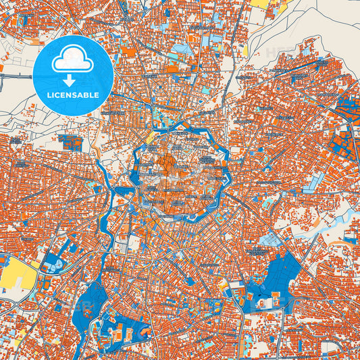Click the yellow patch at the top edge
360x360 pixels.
(260, 3)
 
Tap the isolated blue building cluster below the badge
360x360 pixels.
(70, 142)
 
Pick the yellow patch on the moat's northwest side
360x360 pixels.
(150, 138)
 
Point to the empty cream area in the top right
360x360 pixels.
(317, 27)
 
